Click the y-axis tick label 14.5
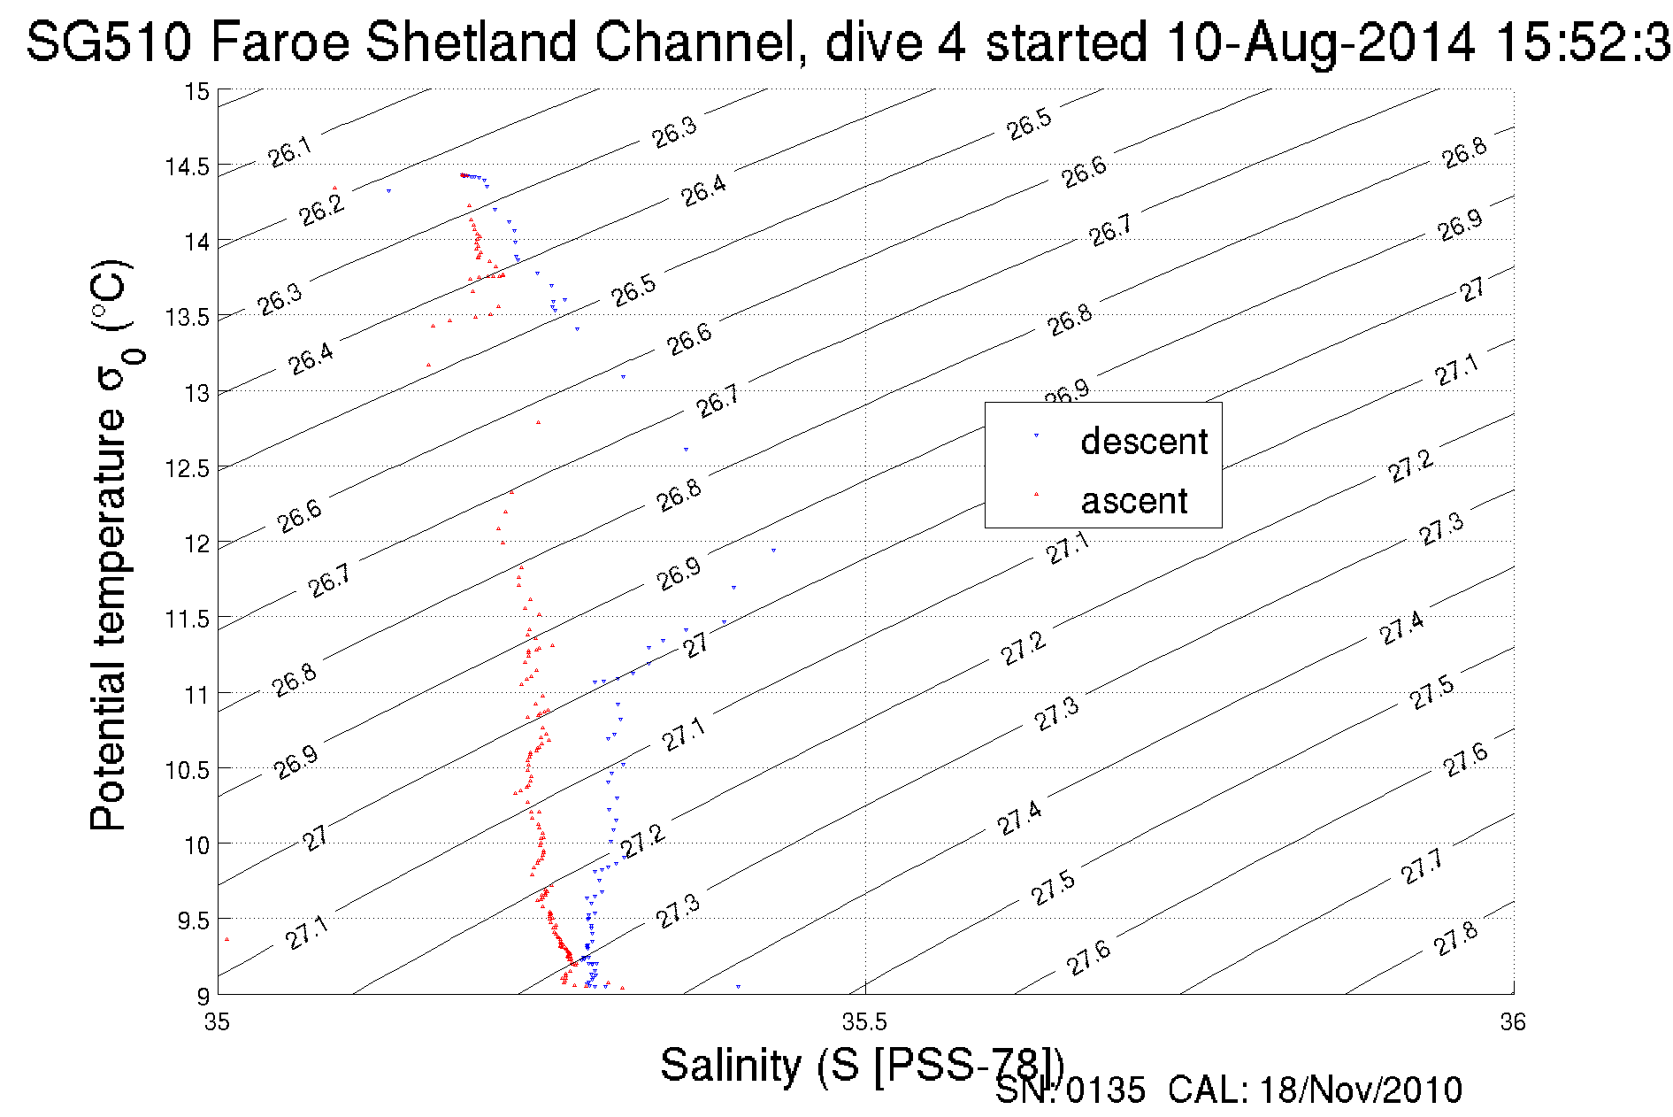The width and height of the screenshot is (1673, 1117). point(187,166)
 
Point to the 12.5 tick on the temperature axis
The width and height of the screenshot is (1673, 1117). point(187,468)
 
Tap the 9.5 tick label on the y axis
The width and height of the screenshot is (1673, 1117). point(194,921)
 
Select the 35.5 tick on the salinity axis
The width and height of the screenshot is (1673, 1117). point(864,1022)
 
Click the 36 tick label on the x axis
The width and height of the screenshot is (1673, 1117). point(1513,1022)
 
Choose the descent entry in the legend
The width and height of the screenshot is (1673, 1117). point(1143,441)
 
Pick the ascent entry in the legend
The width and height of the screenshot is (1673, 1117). point(1133,501)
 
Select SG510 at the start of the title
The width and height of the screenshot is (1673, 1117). point(108,42)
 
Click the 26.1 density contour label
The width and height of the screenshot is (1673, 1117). point(290,152)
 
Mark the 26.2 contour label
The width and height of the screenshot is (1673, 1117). point(321,210)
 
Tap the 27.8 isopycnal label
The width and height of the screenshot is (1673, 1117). point(1455,939)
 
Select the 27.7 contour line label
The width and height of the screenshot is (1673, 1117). point(1422,867)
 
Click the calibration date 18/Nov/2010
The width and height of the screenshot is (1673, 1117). point(1360,1090)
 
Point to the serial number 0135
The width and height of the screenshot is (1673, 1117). point(1106,1090)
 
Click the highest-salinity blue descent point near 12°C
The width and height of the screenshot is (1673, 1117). point(773,550)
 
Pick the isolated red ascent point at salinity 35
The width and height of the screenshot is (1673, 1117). point(227,940)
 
